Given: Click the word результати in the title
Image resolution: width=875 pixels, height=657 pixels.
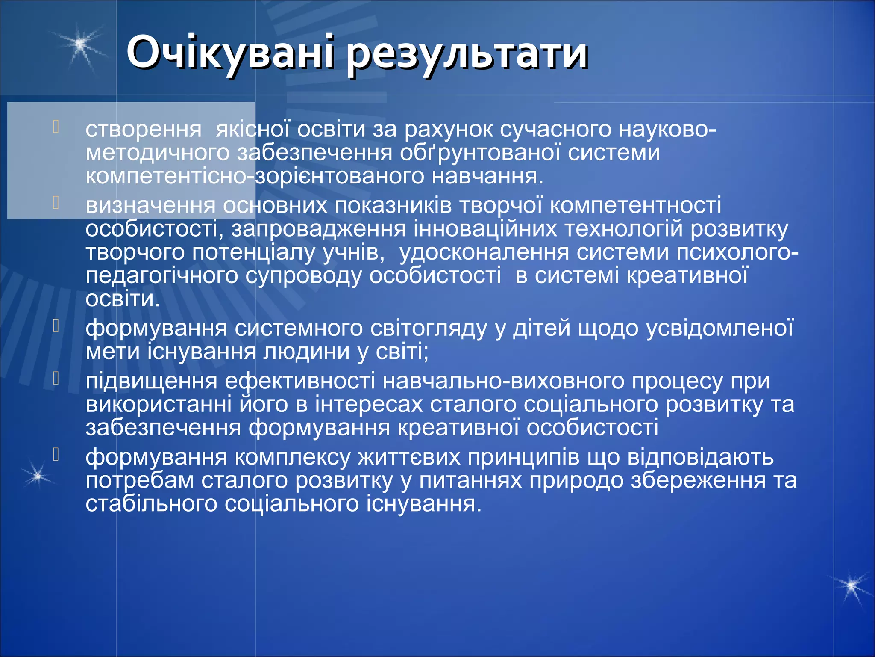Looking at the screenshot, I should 467,54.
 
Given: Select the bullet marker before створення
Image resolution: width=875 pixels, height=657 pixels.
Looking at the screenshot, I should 55,127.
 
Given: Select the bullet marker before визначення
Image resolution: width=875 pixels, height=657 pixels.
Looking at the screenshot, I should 55,203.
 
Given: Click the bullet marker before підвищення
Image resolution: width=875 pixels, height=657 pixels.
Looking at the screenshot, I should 55,379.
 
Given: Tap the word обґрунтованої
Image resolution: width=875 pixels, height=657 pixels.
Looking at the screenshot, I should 480,153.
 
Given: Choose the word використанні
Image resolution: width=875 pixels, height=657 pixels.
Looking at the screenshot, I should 159,405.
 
